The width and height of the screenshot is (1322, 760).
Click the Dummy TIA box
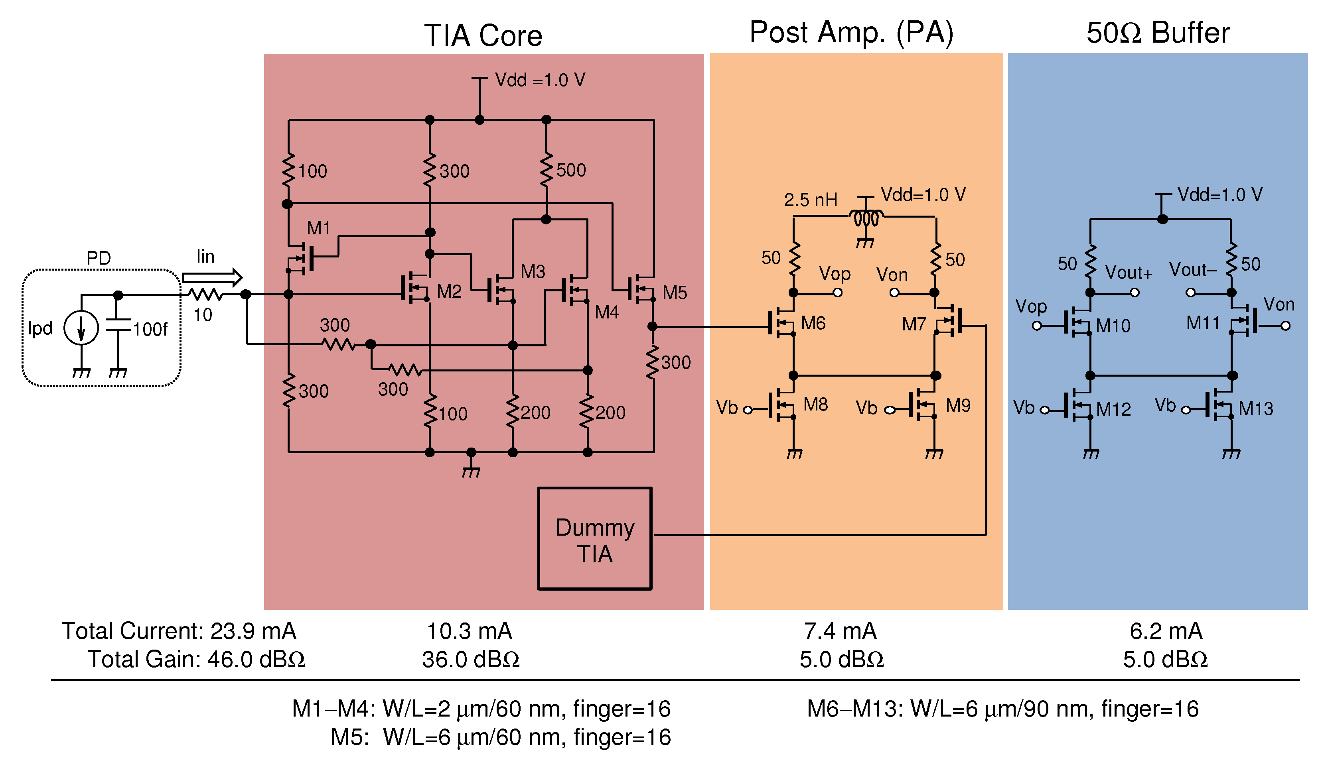pos(594,539)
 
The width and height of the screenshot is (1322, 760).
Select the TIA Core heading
pos(483,35)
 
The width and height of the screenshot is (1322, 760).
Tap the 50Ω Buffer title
pos(1158,33)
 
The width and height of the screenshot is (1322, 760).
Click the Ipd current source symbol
pos(81,328)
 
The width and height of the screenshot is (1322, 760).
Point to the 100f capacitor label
pos(150,329)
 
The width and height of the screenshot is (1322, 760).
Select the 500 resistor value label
pos(571,170)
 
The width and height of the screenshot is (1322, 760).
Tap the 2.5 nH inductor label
pos(810,200)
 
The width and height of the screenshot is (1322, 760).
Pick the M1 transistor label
pos(318,228)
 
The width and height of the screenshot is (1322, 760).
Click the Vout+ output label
pos(1128,273)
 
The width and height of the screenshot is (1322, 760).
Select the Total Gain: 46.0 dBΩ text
pos(196,659)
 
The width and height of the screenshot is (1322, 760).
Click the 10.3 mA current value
pos(469,631)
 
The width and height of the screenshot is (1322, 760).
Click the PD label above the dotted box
pos(98,258)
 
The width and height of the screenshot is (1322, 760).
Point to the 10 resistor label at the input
pos(203,315)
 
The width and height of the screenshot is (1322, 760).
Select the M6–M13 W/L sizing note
pos(1002,709)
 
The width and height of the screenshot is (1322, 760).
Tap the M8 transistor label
pos(815,405)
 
